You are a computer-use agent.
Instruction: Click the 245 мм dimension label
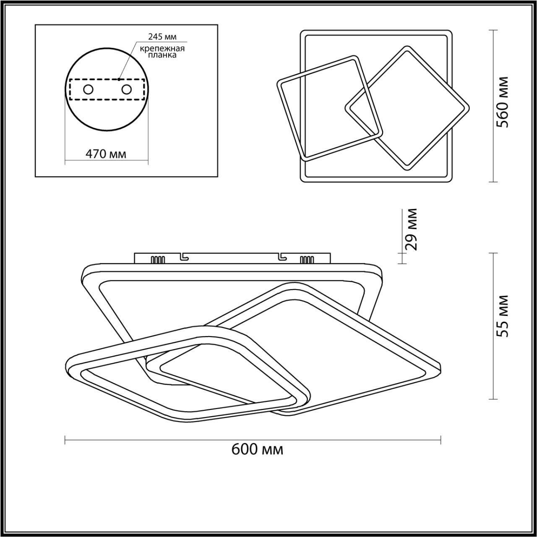162,37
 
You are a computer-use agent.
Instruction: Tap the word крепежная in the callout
162,49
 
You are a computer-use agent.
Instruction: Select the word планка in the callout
162,55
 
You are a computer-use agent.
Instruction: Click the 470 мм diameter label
106,154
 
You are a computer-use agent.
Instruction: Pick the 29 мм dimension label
411,229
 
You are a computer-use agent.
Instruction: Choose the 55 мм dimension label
503,316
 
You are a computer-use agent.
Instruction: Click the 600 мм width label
257,449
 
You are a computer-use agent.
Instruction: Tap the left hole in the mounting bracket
89,90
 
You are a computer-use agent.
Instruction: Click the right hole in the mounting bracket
126,90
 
